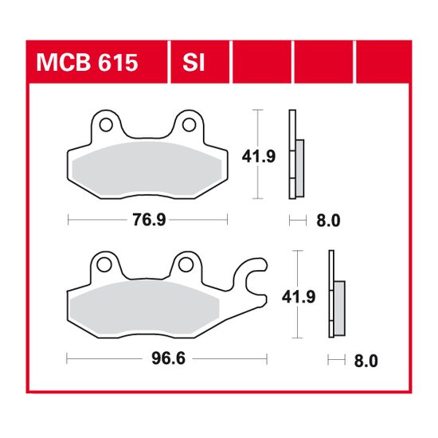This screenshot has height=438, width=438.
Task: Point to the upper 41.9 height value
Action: point(264,156)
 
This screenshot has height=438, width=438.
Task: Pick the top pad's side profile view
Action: point(295,156)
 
